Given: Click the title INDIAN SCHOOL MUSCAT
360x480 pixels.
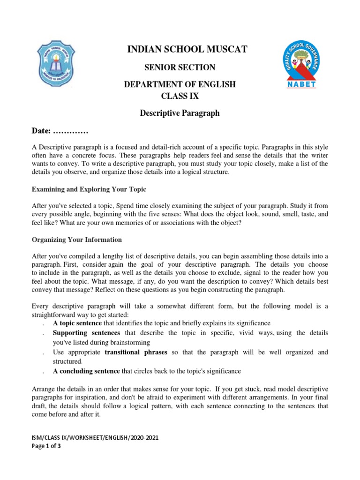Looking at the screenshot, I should tap(180, 49).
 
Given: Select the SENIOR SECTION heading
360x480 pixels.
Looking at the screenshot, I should tap(180, 67).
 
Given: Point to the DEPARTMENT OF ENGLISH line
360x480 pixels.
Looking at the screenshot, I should tap(180, 84).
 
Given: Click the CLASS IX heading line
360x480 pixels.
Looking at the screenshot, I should tap(180, 96).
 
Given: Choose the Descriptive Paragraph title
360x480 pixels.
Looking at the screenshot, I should tap(180, 113).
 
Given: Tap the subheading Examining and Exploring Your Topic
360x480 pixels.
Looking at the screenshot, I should tap(89, 189).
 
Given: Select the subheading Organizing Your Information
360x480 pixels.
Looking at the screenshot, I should tap(76, 240).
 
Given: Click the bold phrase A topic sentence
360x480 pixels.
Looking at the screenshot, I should tap(77, 323).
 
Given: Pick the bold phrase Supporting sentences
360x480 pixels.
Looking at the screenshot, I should tap(82, 333).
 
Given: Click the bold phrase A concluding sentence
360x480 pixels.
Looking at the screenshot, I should tap(86, 371).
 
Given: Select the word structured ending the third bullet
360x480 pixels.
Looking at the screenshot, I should tap(67, 361).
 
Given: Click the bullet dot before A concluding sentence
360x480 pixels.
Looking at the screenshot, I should tap(43, 372).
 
